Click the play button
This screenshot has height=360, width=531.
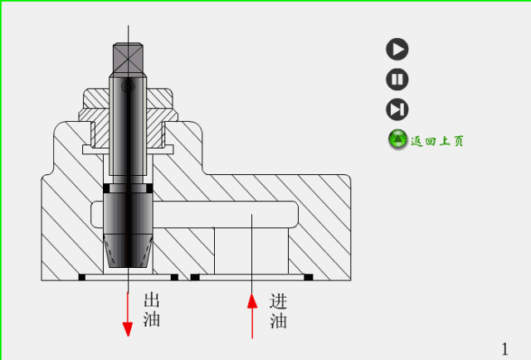(397, 49)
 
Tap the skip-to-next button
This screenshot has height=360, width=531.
(397, 109)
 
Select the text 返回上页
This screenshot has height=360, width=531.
(437, 141)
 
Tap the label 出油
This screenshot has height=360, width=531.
(152, 309)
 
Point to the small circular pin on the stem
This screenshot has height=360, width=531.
(127, 86)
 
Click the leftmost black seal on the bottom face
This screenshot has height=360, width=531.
(82, 276)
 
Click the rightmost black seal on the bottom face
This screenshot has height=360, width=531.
(308, 276)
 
